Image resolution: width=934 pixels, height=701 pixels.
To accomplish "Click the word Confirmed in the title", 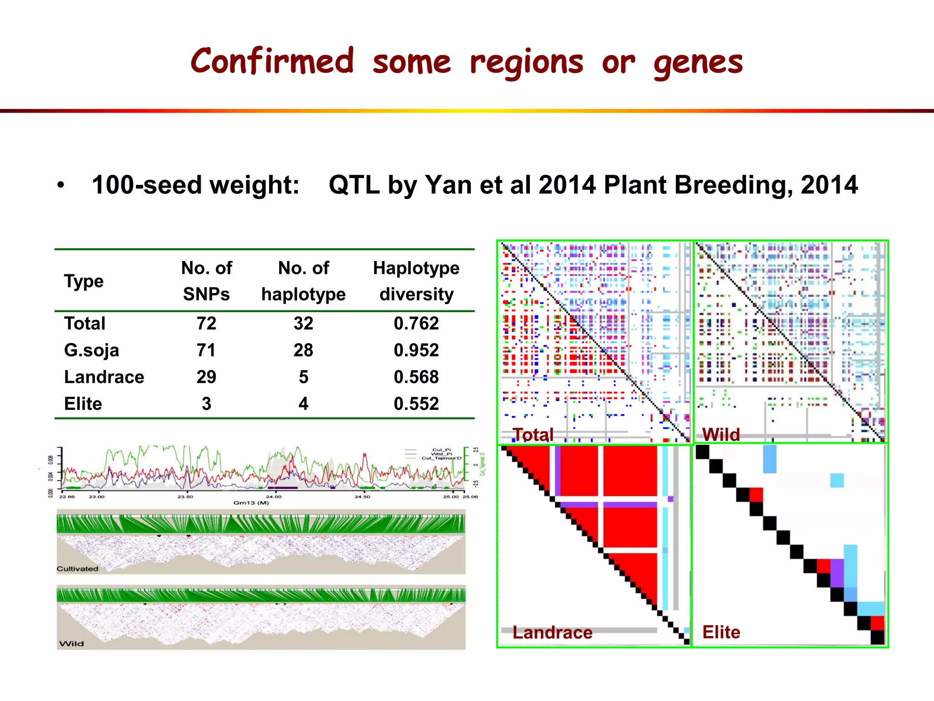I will tap(272, 62).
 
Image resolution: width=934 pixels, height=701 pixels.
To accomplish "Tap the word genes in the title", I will tap(698, 63).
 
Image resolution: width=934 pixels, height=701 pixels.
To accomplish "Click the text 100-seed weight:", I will tap(195, 185).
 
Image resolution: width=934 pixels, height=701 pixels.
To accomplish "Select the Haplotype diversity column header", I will tap(416, 281).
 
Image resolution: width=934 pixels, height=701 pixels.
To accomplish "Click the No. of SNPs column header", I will tap(207, 281).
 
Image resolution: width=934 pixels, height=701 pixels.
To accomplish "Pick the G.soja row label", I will tap(92, 350).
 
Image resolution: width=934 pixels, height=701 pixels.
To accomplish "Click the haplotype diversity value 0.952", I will tap(416, 350).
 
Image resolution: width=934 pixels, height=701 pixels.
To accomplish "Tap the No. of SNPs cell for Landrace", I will tap(206, 377).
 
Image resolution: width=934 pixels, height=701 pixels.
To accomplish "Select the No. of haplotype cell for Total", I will tap(303, 323).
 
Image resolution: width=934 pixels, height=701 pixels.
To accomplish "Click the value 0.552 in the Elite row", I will tap(416, 404).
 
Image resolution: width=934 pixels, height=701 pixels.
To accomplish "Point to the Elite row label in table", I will tap(83, 404).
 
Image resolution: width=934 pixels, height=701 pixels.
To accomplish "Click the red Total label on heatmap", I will tap(533, 434).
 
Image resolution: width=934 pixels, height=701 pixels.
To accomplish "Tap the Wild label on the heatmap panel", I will tap(721, 434).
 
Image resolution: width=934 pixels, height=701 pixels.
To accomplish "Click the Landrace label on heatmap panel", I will tap(552, 633).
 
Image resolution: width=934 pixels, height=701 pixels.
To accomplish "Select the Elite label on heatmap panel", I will tap(721, 632).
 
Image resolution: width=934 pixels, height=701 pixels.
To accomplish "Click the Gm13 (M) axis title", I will tap(251, 503).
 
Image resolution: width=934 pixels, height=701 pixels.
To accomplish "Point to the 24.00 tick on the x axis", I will tap(274, 497).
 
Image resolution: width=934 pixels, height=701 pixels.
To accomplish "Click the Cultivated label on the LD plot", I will tap(78, 569).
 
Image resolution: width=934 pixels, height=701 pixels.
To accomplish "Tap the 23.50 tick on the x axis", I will tap(185, 497).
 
